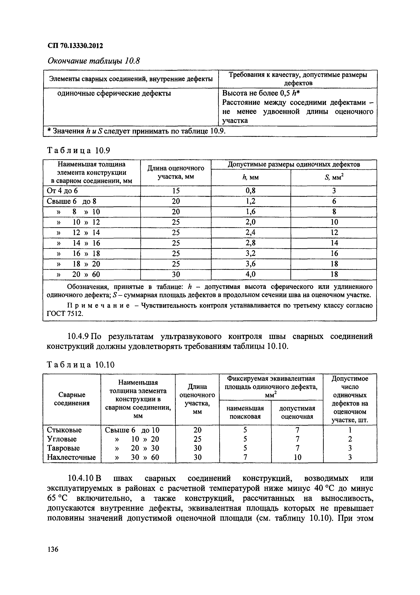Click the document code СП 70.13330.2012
(75, 46)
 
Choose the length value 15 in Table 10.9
(176, 191)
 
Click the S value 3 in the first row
(334, 191)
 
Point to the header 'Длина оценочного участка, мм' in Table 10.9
(176, 172)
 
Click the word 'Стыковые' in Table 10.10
(64, 430)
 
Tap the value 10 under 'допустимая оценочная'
(298, 457)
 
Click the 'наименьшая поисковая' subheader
(245, 412)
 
